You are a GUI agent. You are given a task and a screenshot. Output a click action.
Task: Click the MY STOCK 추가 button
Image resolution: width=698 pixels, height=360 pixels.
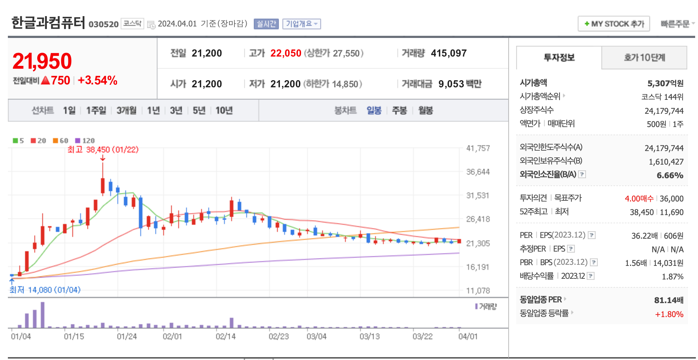point(614,24)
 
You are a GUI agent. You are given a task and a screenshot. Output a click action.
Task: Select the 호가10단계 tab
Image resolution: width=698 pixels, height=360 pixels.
point(644,58)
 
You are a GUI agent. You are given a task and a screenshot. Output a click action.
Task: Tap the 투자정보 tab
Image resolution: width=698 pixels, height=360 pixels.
point(559,58)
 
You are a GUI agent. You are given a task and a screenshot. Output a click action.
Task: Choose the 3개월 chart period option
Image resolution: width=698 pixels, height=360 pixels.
point(126,111)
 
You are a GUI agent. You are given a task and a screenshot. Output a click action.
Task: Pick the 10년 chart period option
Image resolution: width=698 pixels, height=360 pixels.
point(224,111)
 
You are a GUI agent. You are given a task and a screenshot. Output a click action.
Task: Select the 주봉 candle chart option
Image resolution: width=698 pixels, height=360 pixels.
point(399,111)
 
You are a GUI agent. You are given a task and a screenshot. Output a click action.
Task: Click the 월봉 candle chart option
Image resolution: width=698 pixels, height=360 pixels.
point(426,111)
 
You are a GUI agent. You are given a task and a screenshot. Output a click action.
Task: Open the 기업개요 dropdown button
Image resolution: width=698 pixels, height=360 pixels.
point(301,24)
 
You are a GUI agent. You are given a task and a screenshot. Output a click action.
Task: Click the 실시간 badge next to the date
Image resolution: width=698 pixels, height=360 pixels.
point(266,24)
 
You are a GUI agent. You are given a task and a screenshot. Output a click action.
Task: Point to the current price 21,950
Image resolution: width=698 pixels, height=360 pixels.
point(42,61)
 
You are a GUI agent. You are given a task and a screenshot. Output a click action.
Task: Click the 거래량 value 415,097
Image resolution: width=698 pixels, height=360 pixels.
point(449,53)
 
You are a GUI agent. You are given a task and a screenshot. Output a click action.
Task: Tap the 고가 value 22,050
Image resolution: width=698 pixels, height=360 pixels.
point(286,53)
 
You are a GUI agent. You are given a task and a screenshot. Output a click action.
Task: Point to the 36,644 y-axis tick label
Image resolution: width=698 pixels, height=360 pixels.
point(478,172)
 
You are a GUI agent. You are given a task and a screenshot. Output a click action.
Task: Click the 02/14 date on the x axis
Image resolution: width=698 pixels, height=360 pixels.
point(226,337)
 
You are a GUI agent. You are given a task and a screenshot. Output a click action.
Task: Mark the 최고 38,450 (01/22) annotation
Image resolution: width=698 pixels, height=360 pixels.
point(103,150)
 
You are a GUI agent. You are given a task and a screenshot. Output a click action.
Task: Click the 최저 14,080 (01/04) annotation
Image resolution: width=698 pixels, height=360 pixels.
point(45,290)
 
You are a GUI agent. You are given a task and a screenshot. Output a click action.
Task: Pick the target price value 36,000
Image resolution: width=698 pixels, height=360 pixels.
point(672,199)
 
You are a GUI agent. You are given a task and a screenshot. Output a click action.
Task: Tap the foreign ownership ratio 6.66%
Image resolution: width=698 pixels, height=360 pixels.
point(670,175)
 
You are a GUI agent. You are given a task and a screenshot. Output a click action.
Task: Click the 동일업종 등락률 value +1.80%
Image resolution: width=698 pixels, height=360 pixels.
point(669,314)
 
